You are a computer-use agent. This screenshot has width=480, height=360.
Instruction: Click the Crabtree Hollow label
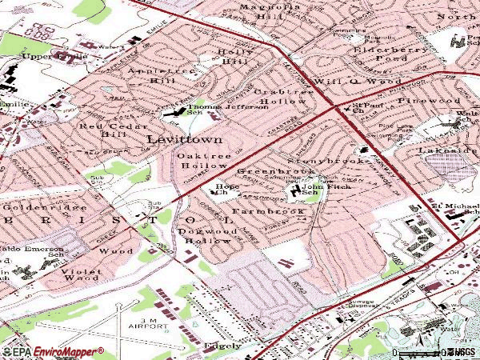(281, 97)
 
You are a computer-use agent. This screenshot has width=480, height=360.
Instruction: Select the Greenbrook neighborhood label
(265, 172)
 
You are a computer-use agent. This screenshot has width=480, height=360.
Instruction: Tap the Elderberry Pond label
(386, 54)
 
